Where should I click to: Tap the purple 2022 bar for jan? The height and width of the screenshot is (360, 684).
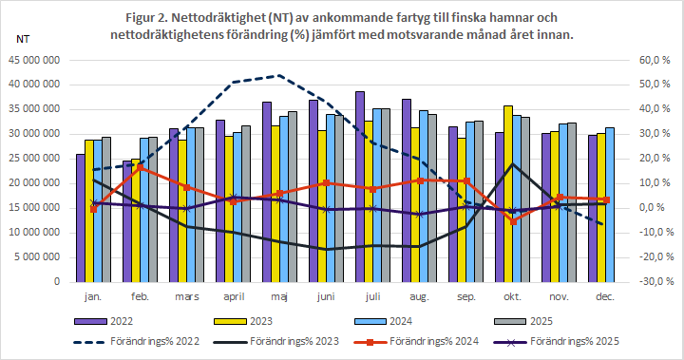80,218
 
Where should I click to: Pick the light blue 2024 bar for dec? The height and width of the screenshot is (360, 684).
610,204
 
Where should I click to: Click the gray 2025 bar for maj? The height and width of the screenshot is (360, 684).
292,196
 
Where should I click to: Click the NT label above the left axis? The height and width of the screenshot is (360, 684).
24,40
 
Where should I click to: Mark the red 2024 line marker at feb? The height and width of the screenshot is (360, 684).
141,168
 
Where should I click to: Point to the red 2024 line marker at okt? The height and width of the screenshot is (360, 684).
513,221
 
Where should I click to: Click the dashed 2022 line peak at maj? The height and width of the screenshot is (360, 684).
277,75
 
